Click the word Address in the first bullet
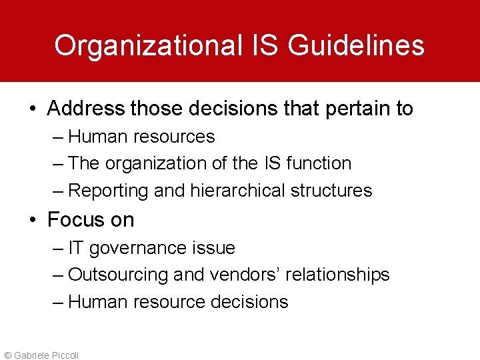point(86,108)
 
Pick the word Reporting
point(108,191)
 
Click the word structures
point(331,191)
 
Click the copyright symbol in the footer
point(7,355)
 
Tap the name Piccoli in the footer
point(64,355)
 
